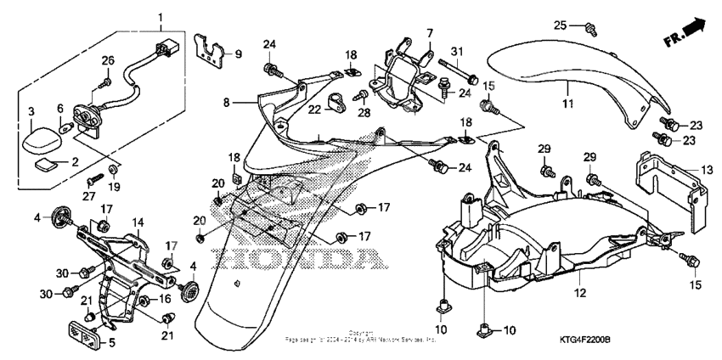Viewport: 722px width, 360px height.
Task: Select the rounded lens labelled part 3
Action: tap(37, 137)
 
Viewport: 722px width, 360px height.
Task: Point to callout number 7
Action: tap(430, 33)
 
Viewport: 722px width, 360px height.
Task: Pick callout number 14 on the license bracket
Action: tap(137, 222)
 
